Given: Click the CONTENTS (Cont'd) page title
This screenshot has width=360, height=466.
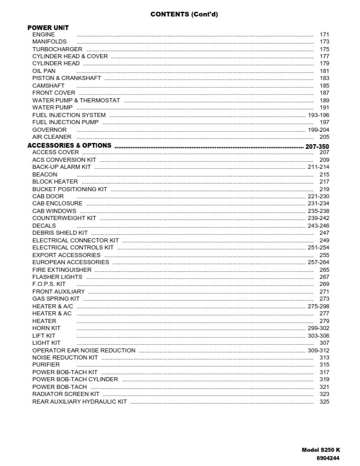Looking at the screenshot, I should point(179,14).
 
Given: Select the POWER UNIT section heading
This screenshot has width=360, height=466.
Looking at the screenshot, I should point(48,28).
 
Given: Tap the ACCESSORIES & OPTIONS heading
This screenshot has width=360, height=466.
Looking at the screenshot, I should point(69,145).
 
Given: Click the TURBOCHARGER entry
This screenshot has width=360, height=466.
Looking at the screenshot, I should point(57,49).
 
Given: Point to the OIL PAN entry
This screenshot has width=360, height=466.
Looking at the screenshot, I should point(44,71).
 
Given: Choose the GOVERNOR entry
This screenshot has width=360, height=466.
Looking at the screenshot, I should point(49,130).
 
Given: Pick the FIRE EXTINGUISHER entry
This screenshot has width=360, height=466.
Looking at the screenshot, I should point(62,269).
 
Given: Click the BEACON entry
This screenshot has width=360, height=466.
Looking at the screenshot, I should point(45,175).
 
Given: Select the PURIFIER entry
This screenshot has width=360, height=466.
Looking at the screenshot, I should point(46,365).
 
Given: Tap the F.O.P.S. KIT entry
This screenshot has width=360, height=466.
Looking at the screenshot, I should point(49,284).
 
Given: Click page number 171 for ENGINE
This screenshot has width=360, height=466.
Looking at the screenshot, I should point(324,35).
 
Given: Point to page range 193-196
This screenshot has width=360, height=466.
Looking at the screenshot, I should point(318,115).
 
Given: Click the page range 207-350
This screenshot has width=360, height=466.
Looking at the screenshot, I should point(318,145).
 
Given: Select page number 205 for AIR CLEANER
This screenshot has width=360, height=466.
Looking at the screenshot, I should point(324,137).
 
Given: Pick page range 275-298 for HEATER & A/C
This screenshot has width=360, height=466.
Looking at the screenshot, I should point(318,307).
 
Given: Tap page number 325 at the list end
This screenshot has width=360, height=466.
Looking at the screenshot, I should point(324,402).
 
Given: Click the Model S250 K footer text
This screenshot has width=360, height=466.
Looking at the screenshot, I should point(320,450).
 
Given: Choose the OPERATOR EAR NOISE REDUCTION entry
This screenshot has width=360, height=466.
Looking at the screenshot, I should point(84,351).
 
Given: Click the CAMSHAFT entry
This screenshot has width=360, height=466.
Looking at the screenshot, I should point(48,86).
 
